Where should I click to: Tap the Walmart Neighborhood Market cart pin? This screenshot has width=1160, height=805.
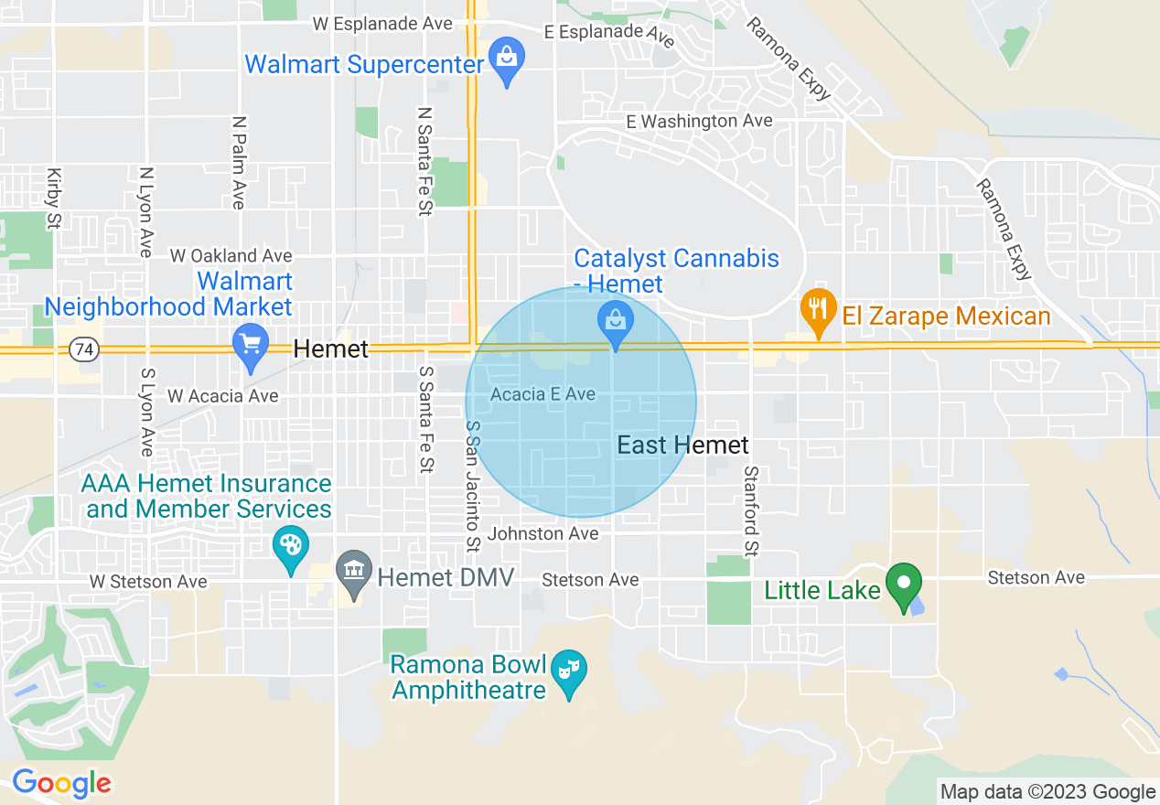(x=251, y=345)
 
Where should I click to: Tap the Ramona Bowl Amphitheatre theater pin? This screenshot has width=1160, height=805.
(x=569, y=672)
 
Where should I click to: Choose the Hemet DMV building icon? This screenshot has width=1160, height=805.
(x=353, y=573)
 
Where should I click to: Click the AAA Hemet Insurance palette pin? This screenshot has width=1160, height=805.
(x=290, y=548)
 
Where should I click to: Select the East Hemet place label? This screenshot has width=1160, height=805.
(x=682, y=445)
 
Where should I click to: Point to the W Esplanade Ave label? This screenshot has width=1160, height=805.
(x=383, y=24)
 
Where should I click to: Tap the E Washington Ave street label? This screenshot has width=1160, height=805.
(x=699, y=121)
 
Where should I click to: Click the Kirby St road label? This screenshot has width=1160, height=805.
(x=54, y=197)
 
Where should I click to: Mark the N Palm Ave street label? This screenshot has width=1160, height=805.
(x=239, y=162)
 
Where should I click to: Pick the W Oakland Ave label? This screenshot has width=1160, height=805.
(x=231, y=255)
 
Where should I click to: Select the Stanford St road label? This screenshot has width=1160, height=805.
(x=751, y=510)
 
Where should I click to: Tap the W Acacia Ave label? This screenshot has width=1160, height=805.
(x=222, y=395)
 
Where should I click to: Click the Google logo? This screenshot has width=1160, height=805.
(x=61, y=783)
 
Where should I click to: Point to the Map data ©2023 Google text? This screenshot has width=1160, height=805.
(x=1048, y=791)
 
